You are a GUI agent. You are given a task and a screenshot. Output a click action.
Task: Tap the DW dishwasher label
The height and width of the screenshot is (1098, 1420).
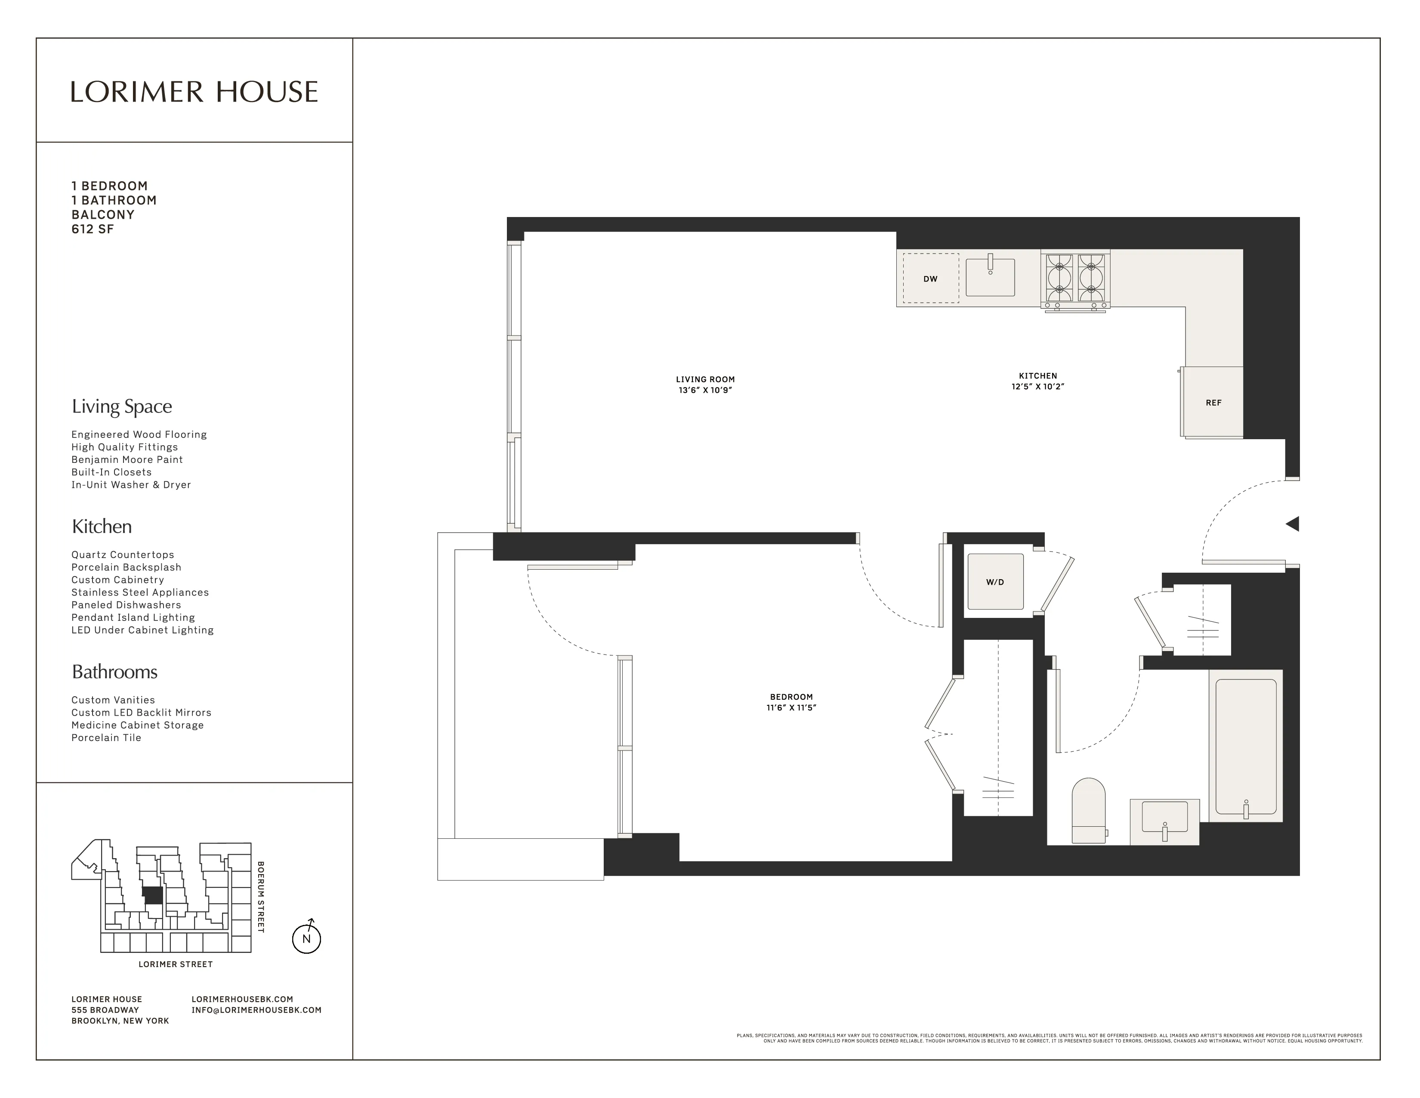tap(930, 279)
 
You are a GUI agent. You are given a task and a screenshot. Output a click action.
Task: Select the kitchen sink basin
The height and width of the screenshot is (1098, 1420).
tap(990, 278)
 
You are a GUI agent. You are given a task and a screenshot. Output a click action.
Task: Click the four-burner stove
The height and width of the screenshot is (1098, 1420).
tap(1075, 280)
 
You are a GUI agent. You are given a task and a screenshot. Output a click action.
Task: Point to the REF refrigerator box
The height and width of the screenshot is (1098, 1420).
tap(1213, 403)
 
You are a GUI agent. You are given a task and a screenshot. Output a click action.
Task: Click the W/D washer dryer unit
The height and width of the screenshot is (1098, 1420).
tap(995, 582)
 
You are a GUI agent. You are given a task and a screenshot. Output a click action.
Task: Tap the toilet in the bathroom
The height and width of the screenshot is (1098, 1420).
tap(1088, 811)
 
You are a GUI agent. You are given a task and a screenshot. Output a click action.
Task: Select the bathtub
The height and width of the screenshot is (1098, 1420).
tap(1246, 746)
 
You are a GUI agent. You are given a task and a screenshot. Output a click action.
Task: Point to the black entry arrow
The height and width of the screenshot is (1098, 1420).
tap(1293, 524)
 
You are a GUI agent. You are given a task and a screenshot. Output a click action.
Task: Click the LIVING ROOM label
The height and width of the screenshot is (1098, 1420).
tap(705, 379)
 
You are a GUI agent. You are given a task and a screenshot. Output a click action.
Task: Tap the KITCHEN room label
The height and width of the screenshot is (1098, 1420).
tap(1038, 375)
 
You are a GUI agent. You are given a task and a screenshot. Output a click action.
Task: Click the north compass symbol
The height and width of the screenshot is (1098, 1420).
tap(307, 938)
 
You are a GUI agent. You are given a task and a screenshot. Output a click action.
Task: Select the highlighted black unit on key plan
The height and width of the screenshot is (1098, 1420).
tap(153, 895)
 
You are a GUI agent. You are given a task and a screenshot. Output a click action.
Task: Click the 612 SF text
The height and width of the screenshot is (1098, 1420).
tap(93, 229)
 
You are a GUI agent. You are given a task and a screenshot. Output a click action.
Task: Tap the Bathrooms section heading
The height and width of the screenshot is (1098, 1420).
tap(114, 672)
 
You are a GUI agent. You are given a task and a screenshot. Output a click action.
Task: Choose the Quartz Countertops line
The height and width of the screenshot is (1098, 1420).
tap(123, 555)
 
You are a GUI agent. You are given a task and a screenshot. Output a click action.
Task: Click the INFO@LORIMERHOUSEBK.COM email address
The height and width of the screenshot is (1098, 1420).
tap(256, 1010)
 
